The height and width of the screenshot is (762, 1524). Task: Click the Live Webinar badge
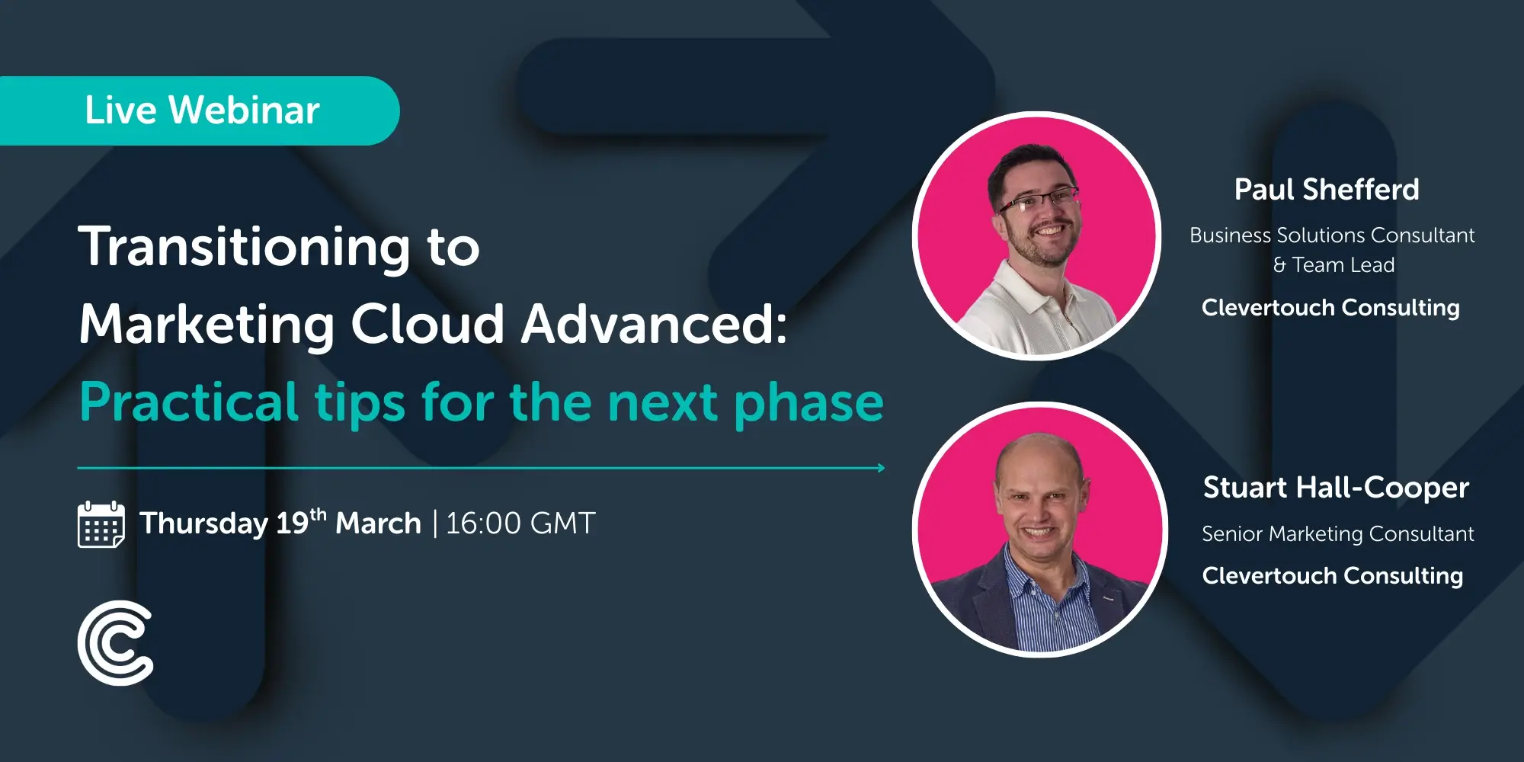202,110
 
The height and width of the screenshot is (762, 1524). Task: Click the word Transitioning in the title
244,248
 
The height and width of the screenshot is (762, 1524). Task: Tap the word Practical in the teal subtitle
189,402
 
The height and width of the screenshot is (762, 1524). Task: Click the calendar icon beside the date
101,524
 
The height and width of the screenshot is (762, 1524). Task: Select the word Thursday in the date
203,524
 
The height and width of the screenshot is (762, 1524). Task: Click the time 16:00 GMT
520,523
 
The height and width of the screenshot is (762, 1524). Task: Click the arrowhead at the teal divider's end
881,468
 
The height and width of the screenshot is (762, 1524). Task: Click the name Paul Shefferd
1327,190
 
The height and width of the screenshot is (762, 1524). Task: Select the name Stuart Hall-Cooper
1336,488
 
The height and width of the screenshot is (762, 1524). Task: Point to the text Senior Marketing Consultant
1337,534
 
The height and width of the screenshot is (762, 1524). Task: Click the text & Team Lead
1333,265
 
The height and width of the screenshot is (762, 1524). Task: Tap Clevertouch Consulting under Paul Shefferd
1330,308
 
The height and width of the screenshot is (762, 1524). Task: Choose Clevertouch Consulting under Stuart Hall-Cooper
1332,576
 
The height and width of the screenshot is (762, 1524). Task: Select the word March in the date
378,524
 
